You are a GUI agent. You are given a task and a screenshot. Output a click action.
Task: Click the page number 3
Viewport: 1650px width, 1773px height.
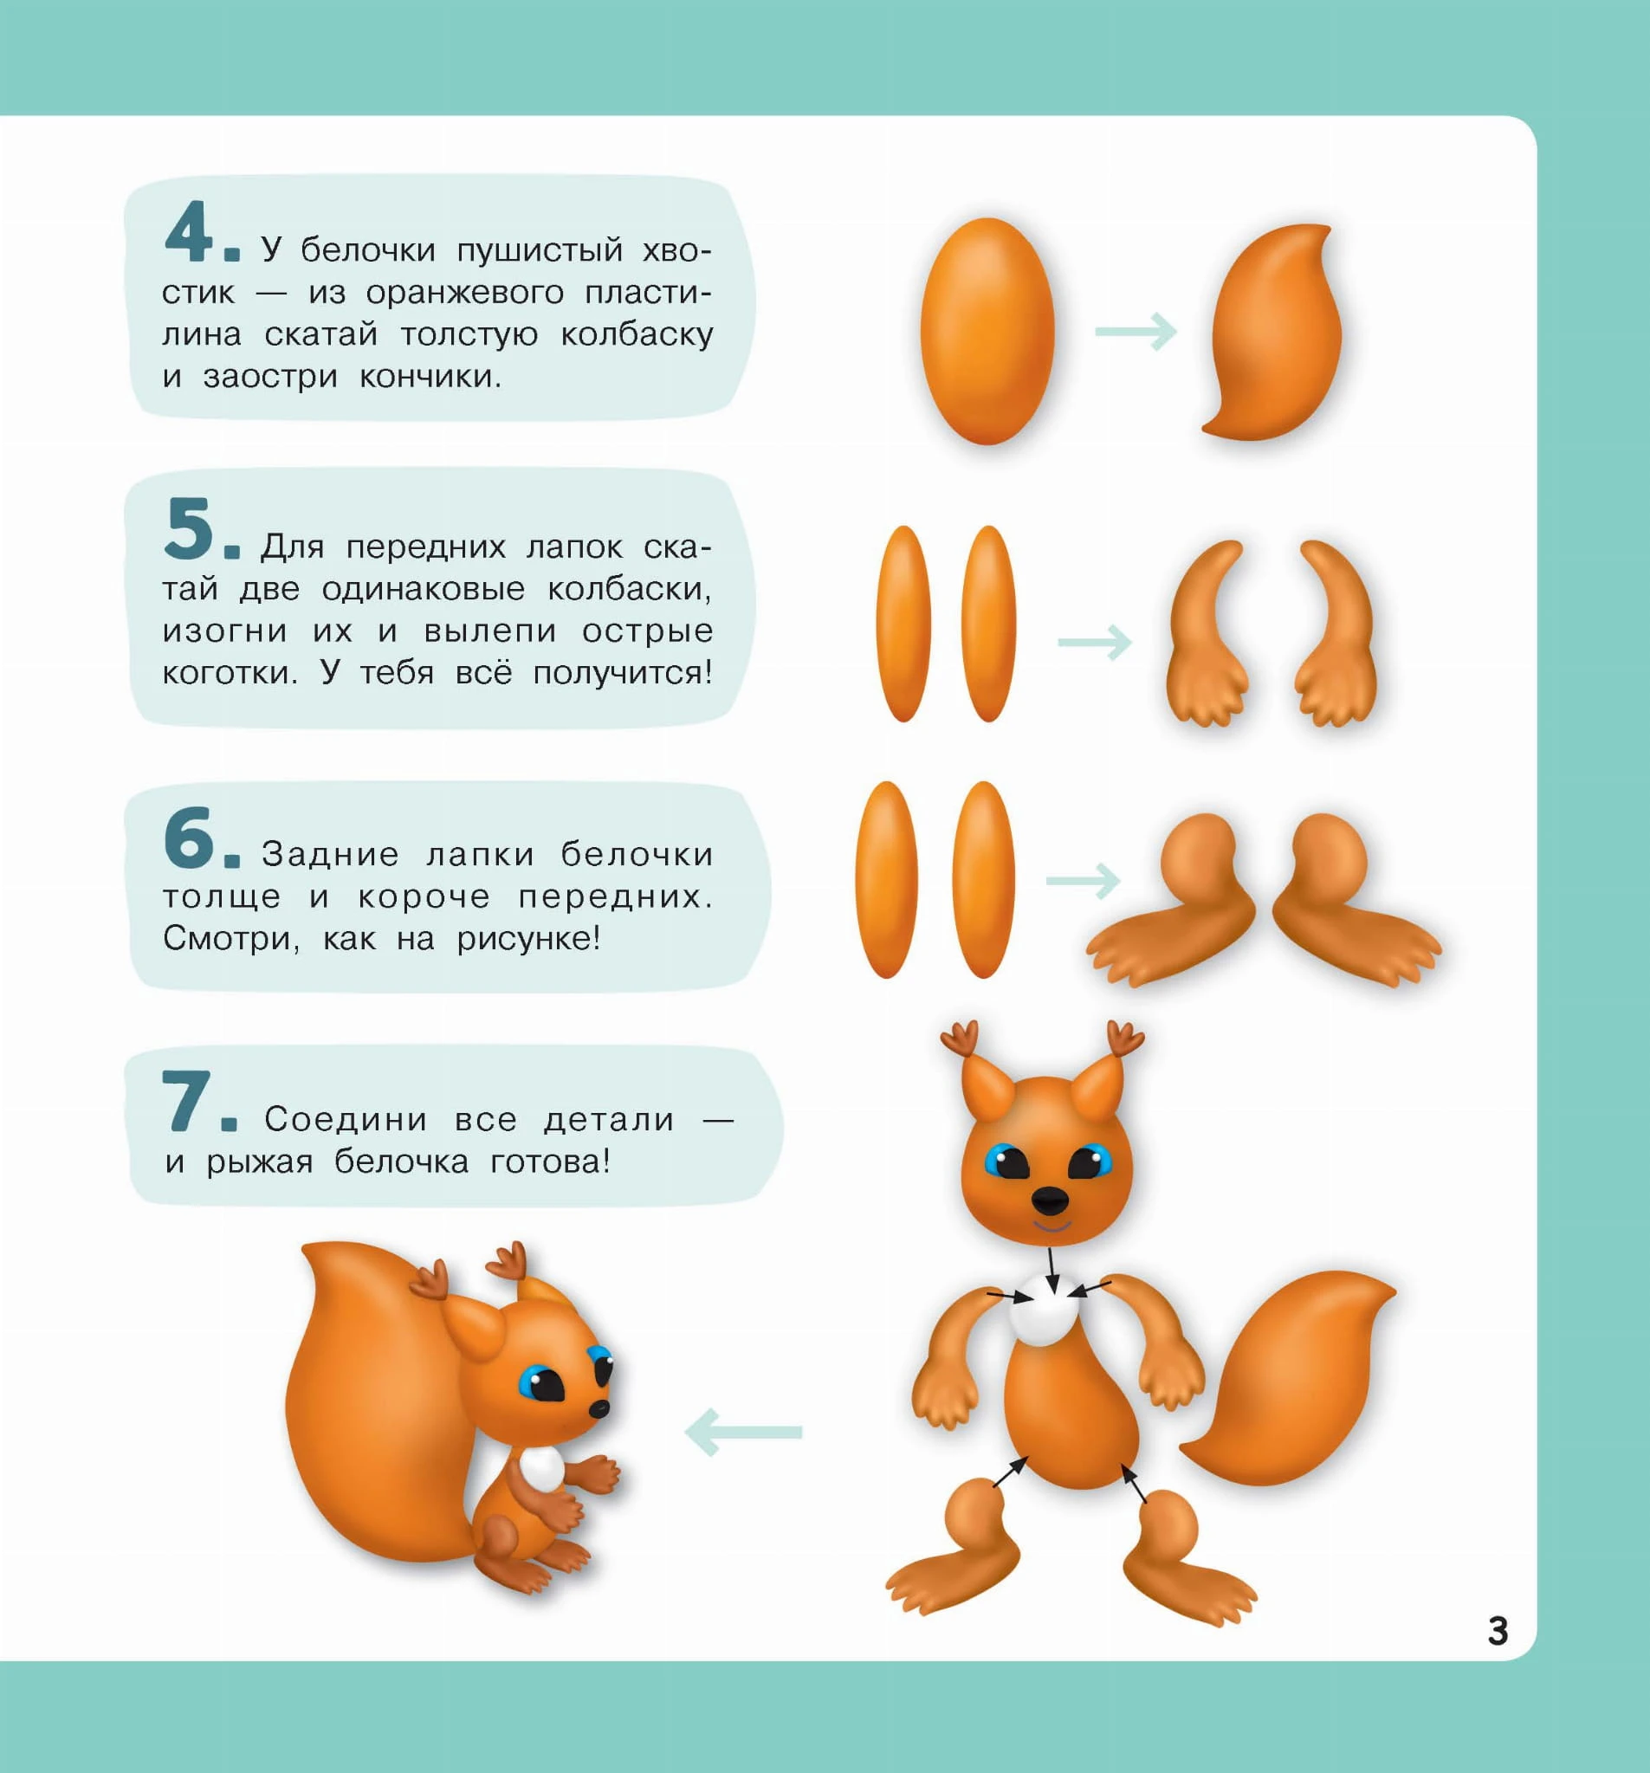[1498, 1631]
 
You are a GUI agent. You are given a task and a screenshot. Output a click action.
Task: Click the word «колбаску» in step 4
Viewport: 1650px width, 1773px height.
[637, 334]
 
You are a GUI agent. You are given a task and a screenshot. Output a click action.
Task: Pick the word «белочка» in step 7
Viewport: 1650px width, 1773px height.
[401, 1162]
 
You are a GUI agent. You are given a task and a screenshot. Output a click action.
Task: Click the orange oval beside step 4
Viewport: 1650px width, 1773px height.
[987, 331]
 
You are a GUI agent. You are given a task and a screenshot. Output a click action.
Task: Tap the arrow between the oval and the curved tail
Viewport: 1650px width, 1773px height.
[1136, 332]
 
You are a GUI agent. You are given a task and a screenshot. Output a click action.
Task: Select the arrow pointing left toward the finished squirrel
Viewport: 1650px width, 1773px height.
[744, 1433]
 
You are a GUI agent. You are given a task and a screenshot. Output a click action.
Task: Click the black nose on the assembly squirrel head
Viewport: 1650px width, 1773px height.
[1051, 1200]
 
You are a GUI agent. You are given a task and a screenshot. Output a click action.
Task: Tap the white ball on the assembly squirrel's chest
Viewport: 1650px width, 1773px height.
[1046, 1310]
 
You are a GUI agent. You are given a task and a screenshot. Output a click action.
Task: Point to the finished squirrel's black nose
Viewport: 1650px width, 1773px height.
[600, 1407]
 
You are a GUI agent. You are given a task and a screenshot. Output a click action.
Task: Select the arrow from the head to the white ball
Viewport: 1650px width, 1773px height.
[1052, 1270]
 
